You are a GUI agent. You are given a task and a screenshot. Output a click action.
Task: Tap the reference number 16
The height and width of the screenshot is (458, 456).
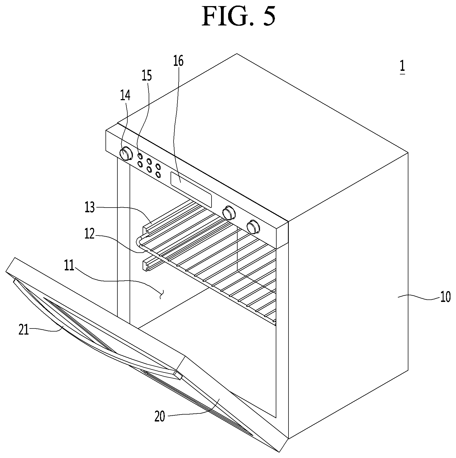click(178, 61)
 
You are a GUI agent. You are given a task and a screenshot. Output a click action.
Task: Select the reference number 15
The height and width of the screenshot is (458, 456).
click(147, 75)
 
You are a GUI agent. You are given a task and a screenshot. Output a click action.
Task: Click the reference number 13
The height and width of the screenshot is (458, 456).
click(90, 207)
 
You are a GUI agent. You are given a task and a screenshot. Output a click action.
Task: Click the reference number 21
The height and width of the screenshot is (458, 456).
click(24, 330)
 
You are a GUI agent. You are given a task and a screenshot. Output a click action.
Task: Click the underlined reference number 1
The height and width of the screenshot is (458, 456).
click(402, 67)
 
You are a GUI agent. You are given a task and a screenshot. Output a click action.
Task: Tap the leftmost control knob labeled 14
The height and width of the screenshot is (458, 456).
click(126, 154)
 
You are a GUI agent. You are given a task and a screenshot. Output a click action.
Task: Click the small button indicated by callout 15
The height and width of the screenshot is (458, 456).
click(140, 156)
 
